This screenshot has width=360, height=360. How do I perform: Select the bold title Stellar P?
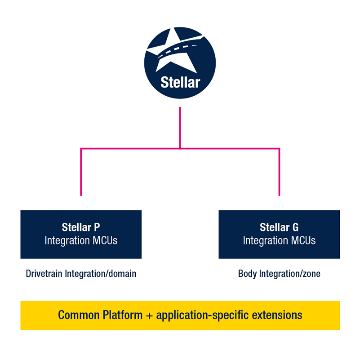point(81,227)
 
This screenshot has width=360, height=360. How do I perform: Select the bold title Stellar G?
point(279,227)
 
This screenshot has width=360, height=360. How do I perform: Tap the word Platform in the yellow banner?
point(121,315)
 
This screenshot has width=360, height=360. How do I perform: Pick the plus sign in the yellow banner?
point(150,316)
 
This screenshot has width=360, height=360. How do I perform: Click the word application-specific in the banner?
point(203,315)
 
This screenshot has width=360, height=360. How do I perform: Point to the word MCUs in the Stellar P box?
point(104,240)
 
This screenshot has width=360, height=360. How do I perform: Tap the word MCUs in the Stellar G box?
point(302,240)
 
